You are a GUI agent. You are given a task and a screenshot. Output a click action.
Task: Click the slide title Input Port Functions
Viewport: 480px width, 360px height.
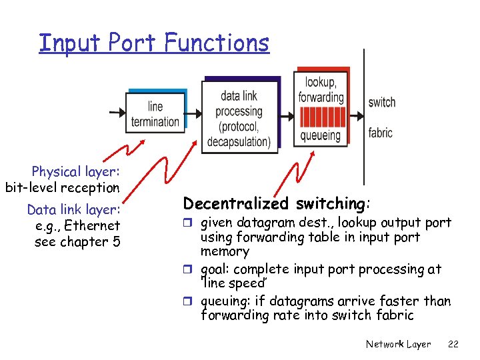(x=154, y=43)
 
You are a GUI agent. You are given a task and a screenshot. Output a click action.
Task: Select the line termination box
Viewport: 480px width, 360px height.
(x=155, y=114)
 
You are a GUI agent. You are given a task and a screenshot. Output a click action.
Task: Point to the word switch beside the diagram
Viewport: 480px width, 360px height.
(x=381, y=102)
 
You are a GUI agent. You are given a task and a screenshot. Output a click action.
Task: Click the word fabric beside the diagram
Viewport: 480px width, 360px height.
(x=380, y=133)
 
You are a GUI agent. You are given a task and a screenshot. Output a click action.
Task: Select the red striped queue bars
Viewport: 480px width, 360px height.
(x=321, y=117)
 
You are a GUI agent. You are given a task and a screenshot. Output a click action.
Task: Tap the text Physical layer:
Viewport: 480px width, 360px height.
(x=75, y=172)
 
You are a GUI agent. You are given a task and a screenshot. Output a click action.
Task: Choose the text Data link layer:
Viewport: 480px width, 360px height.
(x=73, y=210)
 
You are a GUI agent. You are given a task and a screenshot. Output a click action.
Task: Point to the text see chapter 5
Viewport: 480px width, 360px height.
(x=77, y=241)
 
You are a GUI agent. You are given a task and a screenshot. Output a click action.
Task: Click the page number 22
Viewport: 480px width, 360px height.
(x=453, y=344)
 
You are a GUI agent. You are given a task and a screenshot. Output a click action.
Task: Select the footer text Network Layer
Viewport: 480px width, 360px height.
(x=398, y=344)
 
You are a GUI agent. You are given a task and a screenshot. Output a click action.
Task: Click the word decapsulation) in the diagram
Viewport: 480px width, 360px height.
(x=239, y=141)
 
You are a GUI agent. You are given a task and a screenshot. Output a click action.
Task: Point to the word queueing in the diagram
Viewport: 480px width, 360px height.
(x=320, y=135)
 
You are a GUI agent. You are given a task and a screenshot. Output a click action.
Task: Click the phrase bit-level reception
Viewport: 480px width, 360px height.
(x=62, y=188)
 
